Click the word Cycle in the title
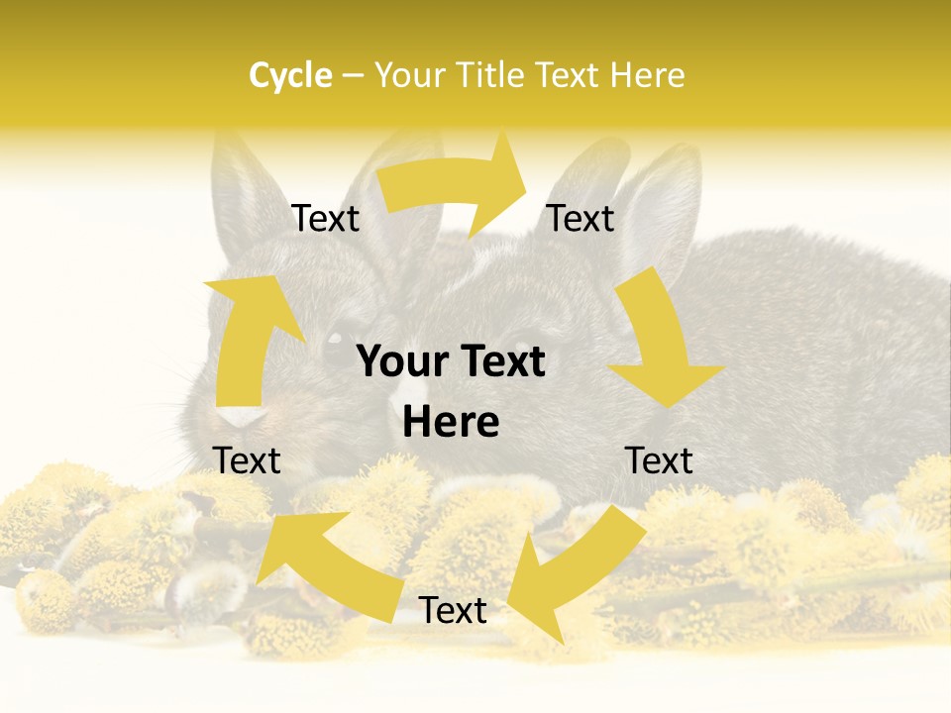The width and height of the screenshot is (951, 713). [290, 75]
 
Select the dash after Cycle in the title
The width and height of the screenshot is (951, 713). [353, 76]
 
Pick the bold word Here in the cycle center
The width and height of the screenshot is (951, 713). [451, 423]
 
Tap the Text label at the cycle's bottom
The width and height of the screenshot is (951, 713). [453, 611]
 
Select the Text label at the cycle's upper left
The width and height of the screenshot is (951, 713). [325, 219]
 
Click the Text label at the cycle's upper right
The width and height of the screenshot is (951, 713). [581, 218]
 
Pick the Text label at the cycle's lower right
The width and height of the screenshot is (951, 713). [659, 460]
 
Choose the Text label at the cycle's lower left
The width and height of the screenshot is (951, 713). [247, 460]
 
